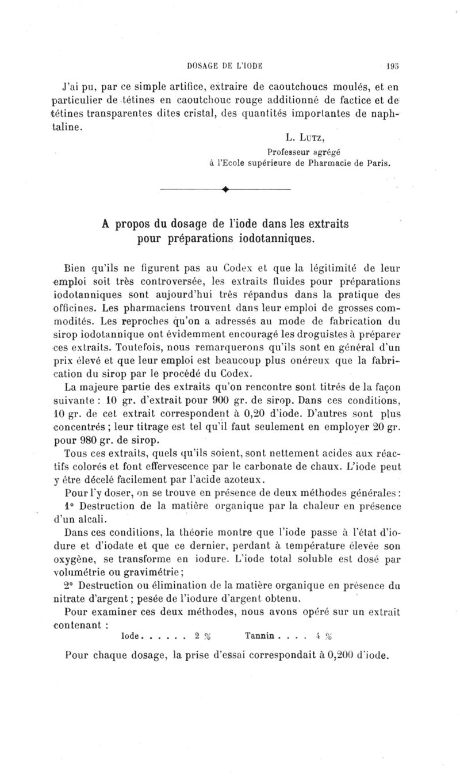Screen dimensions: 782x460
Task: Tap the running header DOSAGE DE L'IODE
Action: coord(232,66)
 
